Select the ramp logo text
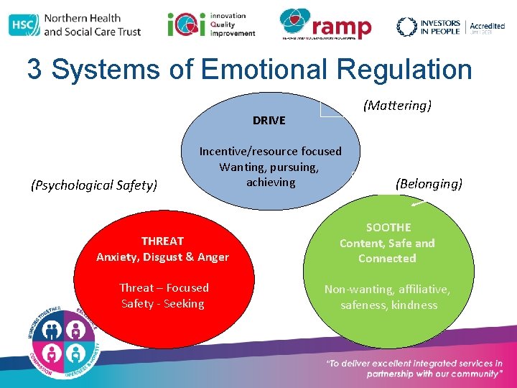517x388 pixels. click(x=343, y=27)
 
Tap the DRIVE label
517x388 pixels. click(x=269, y=120)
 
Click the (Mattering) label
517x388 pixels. click(x=397, y=106)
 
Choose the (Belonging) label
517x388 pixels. click(x=429, y=183)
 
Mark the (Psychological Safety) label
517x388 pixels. click(x=94, y=185)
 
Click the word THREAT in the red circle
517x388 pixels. click(x=163, y=241)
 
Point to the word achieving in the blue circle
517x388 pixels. click(x=271, y=182)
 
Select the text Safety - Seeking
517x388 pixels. click(x=163, y=303)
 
